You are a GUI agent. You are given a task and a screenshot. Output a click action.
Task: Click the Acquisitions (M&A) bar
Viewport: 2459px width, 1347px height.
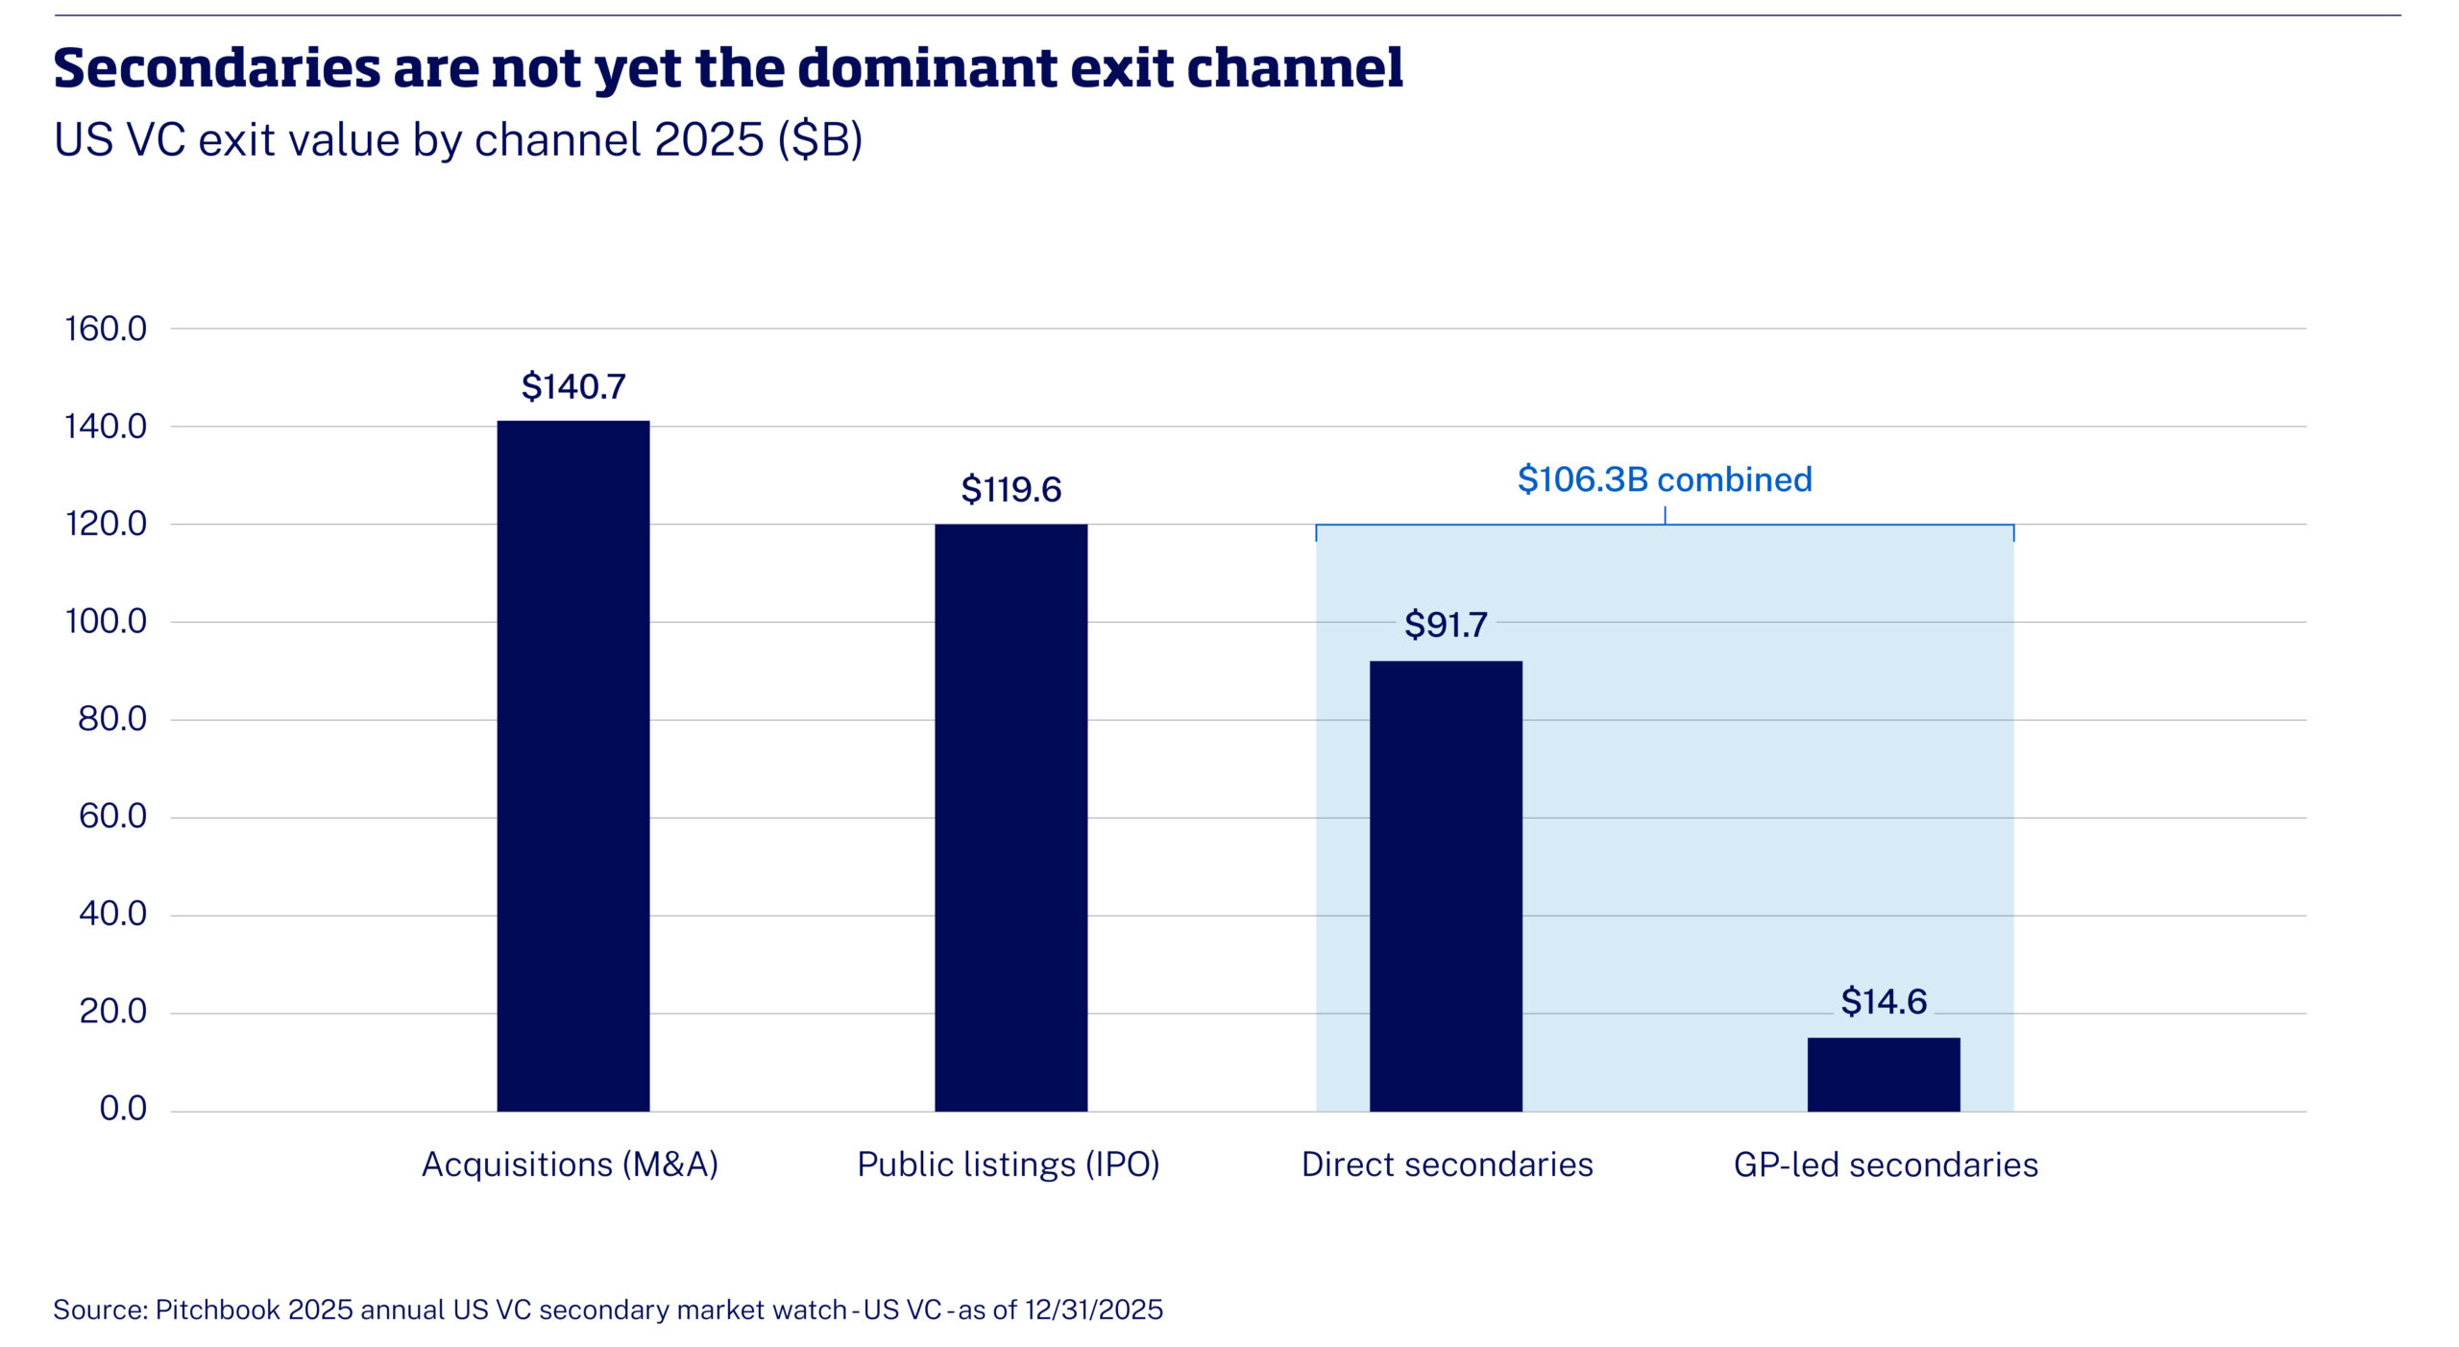(x=572, y=766)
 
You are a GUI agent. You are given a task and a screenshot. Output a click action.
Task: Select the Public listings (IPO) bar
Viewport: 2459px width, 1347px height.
(x=1010, y=818)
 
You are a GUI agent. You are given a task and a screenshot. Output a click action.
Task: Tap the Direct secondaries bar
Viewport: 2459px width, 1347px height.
(x=1446, y=886)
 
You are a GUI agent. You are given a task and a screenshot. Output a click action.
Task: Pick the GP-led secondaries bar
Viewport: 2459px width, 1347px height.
(x=1884, y=1074)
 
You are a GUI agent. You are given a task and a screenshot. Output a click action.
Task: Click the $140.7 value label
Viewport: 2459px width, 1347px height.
(x=573, y=386)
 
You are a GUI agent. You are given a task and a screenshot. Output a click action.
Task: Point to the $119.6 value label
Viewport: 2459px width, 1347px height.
(x=1011, y=489)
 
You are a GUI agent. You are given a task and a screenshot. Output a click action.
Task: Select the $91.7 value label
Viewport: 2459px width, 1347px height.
(x=1446, y=625)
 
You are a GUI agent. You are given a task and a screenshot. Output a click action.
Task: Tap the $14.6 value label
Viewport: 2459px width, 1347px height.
(x=1884, y=1001)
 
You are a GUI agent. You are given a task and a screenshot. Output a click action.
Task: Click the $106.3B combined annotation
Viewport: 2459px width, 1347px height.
(x=1665, y=478)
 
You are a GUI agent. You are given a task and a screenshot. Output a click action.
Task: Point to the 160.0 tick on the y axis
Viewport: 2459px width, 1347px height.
(x=106, y=329)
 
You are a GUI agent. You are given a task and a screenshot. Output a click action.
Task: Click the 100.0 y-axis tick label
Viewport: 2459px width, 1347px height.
(x=106, y=622)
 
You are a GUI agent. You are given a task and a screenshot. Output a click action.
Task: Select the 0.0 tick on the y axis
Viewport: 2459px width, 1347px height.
(x=123, y=1109)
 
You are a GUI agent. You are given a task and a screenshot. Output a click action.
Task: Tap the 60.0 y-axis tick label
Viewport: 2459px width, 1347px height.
(x=112, y=817)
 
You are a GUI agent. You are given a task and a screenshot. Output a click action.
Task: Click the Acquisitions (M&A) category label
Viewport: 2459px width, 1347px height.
(x=571, y=1164)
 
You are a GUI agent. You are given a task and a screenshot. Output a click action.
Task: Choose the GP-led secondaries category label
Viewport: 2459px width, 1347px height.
(x=1886, y=1164)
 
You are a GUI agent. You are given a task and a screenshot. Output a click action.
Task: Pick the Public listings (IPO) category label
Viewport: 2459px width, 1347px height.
(x=1009, y=1164)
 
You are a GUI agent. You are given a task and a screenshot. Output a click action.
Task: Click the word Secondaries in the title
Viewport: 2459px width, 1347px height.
(x=217, y=68)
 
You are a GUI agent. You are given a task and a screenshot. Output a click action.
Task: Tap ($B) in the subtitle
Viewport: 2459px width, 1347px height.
(x=820, y=140)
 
